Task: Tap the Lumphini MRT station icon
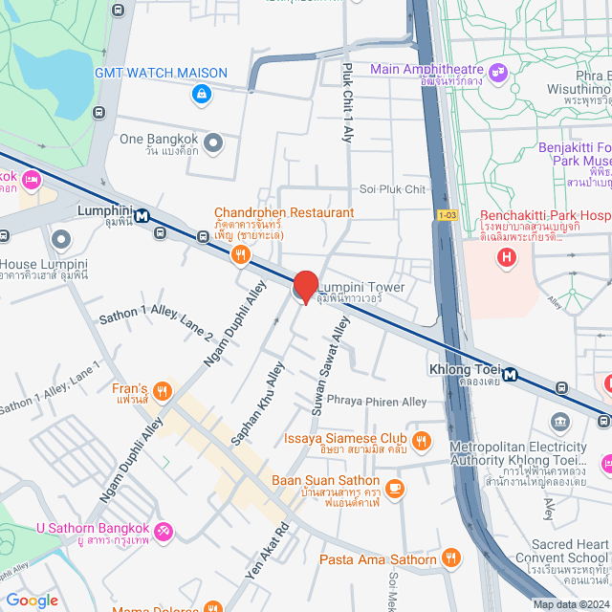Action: [x=142, y=215]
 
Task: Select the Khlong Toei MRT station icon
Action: [x=512, y=375]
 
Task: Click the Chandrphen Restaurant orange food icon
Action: [x=240, y=254]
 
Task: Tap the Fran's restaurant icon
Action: [x=163, y=389]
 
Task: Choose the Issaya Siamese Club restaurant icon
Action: [x=424, y=439]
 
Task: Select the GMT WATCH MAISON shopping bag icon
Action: [x=201, y=94]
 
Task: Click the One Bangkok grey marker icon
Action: [x=213, y=143]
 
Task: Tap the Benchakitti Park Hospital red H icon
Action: [x=507, y=256]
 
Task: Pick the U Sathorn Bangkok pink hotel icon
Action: [x=164, y=529]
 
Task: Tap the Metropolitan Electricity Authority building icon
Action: [x=559, y=422]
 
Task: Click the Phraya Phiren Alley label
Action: [x=377, y=402]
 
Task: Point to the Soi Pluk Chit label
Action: [x=392, y=189]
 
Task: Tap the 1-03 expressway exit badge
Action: [x=446, y=216]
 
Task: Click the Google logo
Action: [x=32, y=600]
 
